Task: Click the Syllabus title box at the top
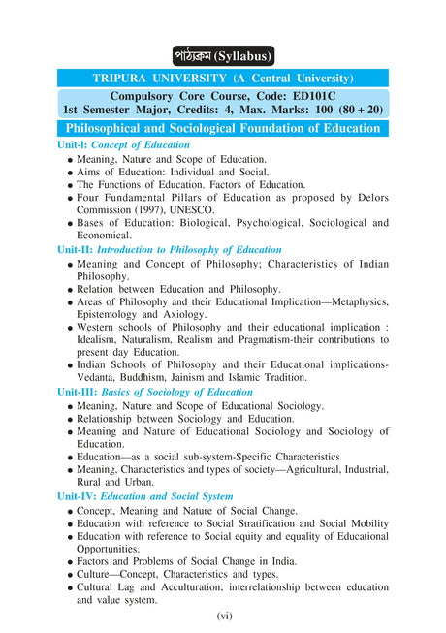coord(223,55)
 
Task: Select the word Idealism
coord(103,340)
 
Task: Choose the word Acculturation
coord(205,587)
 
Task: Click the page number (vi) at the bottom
coord(223,616)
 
